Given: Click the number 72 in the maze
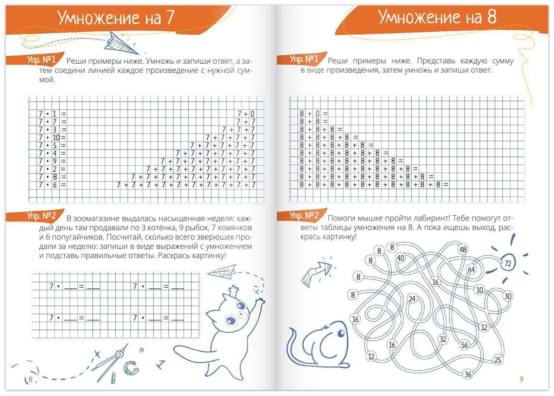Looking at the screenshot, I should pyautogui.click(x=508, y=263).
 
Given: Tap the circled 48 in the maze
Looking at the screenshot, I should pyautogui.click(x=463, y=250).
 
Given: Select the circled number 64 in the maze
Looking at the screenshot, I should pyautogui.click(x=471, y=270).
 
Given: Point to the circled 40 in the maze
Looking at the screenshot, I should pyautogui.click(x=400, y=258).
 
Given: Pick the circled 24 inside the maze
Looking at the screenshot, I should pyautogui.click(x=412, y=299).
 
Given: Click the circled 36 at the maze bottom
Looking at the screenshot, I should pyautogui.click(x=468, y=374).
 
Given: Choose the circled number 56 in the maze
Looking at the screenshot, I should pyautogui.click(x=464, y=345).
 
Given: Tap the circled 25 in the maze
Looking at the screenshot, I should pyautogui.click(x=497, y=360).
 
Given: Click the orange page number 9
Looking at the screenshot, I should pyautogui.click(x=522, y=379).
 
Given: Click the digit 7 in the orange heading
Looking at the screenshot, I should pyautogui.click(x=170, y=18).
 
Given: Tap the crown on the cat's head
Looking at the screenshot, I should pyautogui.click(x=233, y=290).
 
